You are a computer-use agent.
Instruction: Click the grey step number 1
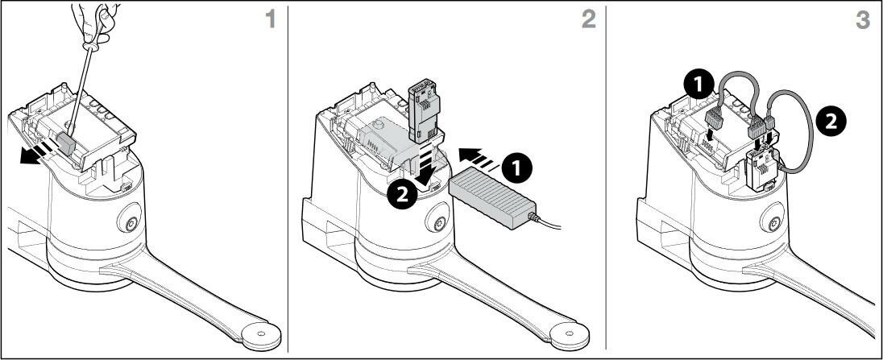click(271, 19)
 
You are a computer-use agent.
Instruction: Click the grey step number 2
click(588, 19)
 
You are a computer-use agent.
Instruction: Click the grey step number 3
click(862, 19)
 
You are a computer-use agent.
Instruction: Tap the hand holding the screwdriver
click(97, 23)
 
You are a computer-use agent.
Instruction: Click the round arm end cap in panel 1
click(261, 336)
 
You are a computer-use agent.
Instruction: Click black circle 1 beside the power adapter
click(518, 167)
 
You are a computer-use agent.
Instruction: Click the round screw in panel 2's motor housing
click(437, 221)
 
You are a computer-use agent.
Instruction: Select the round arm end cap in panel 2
click(570, 336)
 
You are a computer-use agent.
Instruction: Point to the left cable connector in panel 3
click(714, 119)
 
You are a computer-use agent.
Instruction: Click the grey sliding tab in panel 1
click(67, 144)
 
